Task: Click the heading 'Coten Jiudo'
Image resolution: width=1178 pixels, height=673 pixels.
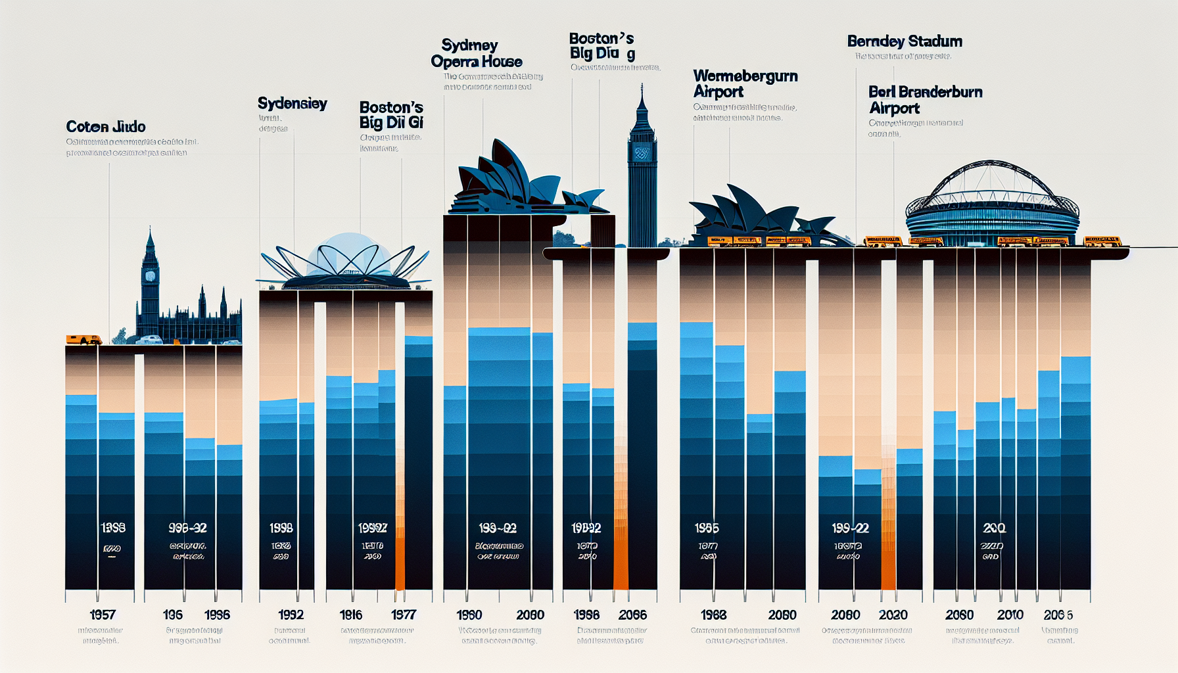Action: [x=106, y=127]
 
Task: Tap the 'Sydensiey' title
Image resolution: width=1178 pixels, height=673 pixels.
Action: [x=292, y=104]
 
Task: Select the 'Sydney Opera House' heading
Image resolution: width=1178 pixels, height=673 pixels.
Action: [x=476, y=54]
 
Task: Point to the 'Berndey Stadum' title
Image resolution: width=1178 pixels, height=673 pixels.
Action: [x=905, y=41]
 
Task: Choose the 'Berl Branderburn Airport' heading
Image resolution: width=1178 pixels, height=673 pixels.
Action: [x=925, y=100]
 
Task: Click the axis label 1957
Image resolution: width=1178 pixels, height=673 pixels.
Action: [x=103, y=615]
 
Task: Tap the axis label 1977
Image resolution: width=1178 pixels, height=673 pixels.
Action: [x=404, y=615]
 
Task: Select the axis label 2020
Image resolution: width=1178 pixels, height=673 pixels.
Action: [x=893, y=615]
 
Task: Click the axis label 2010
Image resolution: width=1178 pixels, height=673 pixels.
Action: [x=1010, y=615]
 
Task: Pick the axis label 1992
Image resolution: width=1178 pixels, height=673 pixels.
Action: [x=291, y=615]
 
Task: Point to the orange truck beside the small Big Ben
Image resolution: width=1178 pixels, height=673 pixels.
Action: [x=83, y=340]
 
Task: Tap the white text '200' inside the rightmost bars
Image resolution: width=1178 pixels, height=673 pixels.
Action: [x=994, y=528]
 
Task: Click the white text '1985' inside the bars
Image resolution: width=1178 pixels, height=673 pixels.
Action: [x=707, y=528]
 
